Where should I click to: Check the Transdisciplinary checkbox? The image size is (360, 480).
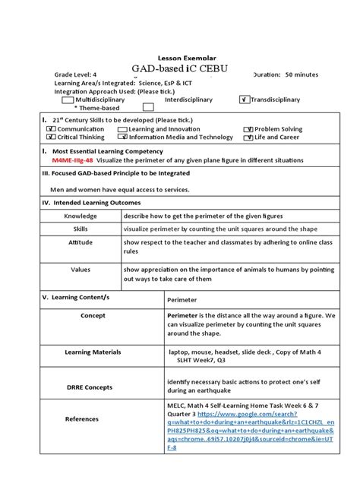tap(245, 99)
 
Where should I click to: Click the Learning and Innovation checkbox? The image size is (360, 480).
tap(123, 129)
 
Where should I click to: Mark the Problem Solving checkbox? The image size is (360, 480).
tap(248, 129)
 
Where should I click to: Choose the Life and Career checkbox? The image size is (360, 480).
tap(248, 137)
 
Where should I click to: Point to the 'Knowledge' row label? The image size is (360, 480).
tap(81, 216)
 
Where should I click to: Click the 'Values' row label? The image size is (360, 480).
tap(81, 269)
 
